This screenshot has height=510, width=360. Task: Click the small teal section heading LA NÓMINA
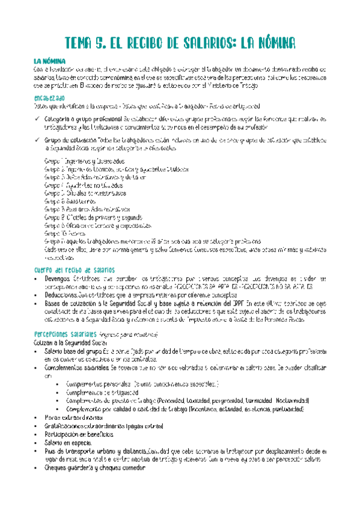click(x=50, y=61)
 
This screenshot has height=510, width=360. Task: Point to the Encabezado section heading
click(x=50, y=97)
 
